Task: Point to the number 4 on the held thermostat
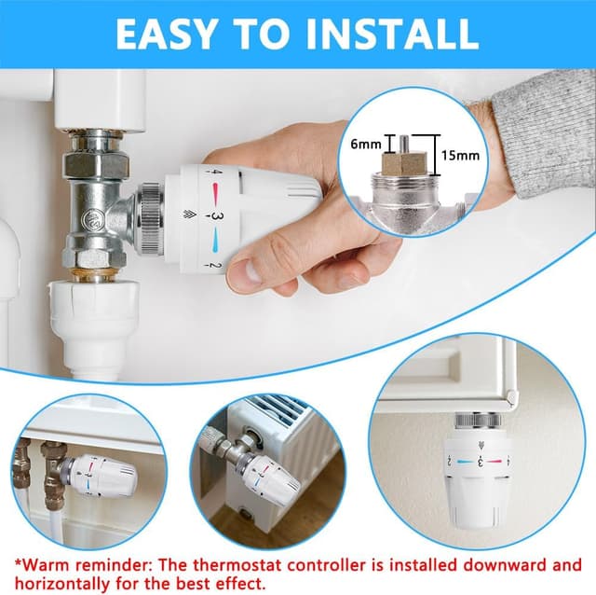click(x=216, y=173)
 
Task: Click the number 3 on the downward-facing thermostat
click(x=479, y=460)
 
